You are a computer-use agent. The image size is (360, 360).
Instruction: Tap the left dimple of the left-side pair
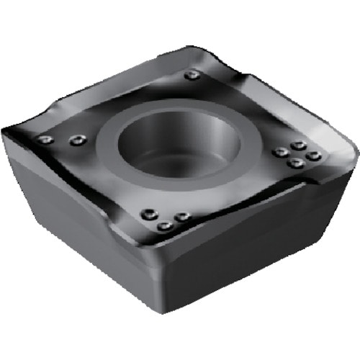pos(45,140)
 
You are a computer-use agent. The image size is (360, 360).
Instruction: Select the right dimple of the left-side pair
pos(76,141)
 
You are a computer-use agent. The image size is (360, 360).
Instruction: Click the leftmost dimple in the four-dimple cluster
pos(279,152)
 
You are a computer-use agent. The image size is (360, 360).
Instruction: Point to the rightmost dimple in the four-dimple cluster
pos(312,155)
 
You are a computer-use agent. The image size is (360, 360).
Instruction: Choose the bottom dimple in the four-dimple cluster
pos(294,163)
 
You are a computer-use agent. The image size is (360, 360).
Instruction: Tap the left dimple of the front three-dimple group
pos(149,213)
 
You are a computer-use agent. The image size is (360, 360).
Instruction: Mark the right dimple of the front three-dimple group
pos(181,216)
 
